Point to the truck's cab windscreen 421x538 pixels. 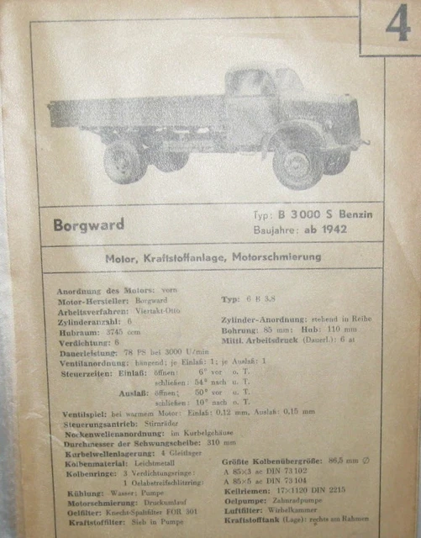tap(287, 82)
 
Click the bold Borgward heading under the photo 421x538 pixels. tap(88, 225)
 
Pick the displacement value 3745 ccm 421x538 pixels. tap(129, 330)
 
